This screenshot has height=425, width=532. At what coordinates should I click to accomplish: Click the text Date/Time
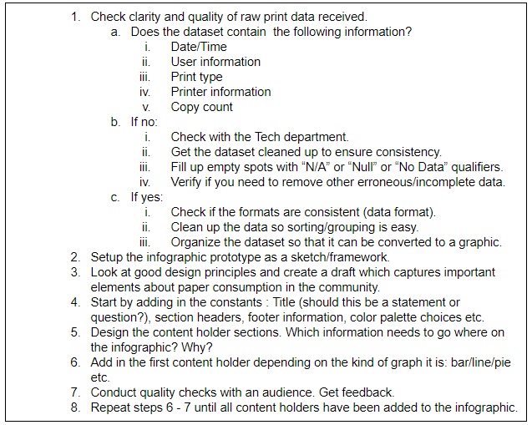click(199, 47)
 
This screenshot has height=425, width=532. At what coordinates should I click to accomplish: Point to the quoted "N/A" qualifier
click(339, 167)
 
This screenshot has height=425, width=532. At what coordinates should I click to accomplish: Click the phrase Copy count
click(202, 107)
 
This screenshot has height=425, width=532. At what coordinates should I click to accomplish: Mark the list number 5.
click(75, 332)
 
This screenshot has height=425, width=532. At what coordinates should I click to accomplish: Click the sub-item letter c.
click(114, 197)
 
